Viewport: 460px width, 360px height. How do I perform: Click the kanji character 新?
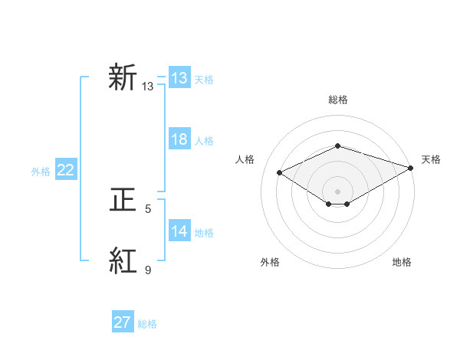click(x=123, y=79)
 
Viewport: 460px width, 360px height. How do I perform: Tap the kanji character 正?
click(x=123, y=201)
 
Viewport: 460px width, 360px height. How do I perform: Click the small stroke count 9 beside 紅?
click(x=148, y=270)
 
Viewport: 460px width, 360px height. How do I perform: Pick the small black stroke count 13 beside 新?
click(x=148, y=87)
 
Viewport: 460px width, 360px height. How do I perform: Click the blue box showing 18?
click(x=179, y=140)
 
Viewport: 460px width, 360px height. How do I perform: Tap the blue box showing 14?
click(x=179, y=232)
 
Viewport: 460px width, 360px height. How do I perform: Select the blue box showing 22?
click(x=66, y=171)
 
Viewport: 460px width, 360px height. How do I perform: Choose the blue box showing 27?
click(x=123, y=322)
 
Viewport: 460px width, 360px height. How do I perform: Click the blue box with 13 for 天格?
click(x=179, y=78)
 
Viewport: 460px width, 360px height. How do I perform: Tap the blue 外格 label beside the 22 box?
click(x=41, y=172)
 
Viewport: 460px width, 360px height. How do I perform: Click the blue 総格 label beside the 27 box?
click(x=147, y=324)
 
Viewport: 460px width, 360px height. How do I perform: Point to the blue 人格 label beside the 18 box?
click(x=204, y=141)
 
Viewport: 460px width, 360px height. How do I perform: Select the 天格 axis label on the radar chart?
click(x=431, y=159)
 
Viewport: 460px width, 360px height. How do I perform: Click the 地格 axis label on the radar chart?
click(x=402, y=263)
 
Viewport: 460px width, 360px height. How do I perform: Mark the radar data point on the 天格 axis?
click(x=412, y=167)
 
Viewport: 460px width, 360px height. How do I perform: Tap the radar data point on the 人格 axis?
click(x=280, y=173)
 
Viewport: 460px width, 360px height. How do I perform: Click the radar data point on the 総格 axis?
click(x=337, y=146)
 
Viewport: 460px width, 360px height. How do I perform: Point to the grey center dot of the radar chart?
click(x=337, y=190)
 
